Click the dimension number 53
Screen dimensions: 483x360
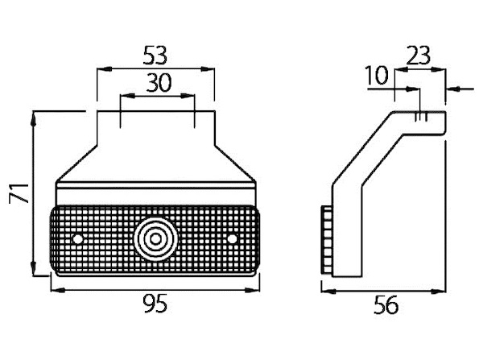pos(155,56)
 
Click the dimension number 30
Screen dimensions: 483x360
pos(159,83)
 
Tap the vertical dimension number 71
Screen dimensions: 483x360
pos(19,193)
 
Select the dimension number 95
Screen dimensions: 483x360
pos(155,304)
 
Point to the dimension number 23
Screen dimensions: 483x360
pos(418,56)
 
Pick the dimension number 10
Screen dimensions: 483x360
pos(377,75)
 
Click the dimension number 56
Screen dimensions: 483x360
pos(386,304)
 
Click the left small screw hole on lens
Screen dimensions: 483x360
pos(77,239)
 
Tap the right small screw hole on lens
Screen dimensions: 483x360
pos(233,239)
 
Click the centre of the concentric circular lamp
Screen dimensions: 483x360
pos(155,239)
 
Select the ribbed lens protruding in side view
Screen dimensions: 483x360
pos(327,240)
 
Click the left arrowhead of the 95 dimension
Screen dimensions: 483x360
pos(58,290)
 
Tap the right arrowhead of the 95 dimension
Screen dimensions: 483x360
pos(252,290)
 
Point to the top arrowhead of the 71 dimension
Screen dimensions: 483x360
pos(34,118)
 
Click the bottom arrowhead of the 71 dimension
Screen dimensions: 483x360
pos(34,268)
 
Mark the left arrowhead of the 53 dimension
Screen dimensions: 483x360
pos(104,69)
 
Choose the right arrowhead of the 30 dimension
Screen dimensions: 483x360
pos(188,96)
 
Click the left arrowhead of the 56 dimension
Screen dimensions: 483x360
pos(328,291)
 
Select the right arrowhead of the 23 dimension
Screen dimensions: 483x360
pos(439,69)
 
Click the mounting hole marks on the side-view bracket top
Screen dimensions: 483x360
pos(421,117)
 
